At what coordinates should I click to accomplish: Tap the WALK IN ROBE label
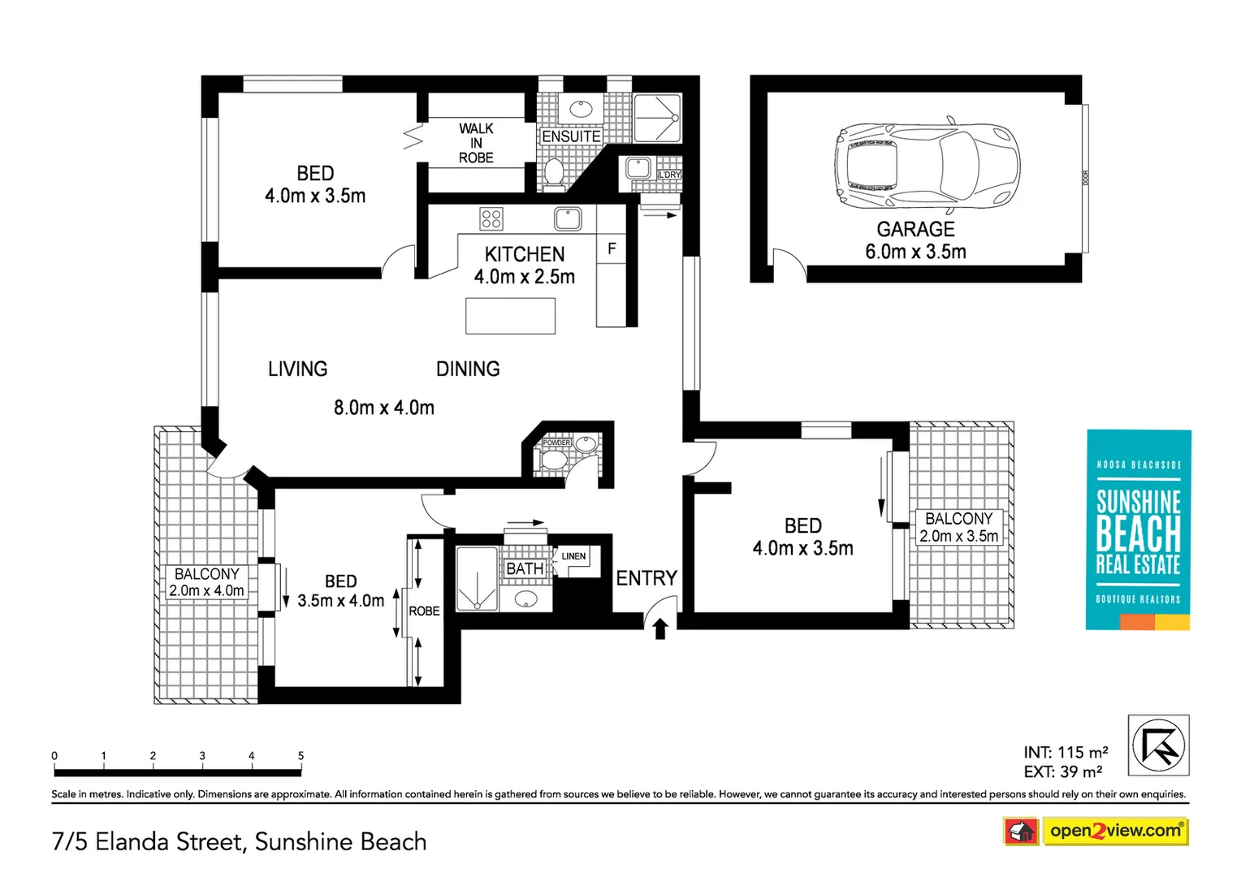click(476, 143)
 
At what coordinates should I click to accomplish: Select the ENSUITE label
click(571, 136)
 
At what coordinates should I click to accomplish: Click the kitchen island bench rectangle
click(510, 316)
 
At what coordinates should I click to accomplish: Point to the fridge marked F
click(612, 248)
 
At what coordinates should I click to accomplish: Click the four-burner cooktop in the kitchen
click(491, 218)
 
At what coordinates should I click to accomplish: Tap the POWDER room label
click(556, 443)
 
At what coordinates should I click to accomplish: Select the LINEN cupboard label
click(573, 556)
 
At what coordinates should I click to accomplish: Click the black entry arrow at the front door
click(660, 628)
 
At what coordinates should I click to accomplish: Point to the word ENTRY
click(646, 578)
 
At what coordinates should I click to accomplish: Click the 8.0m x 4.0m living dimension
click(384, 408)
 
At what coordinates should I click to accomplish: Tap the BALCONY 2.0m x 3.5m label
click(958, 527)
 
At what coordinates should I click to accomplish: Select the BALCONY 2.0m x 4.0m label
click(206, 582)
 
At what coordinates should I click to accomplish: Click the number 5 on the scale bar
click(301, 756)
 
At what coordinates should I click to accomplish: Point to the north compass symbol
click(1158, 745)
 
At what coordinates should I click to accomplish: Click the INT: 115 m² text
click(1066, 753)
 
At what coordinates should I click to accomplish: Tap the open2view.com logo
click(1114, 831)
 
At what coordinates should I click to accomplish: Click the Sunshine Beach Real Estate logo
click(1138, 529)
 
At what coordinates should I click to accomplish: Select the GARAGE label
click(915, 229)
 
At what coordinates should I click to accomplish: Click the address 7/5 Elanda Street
click(239, 841)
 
